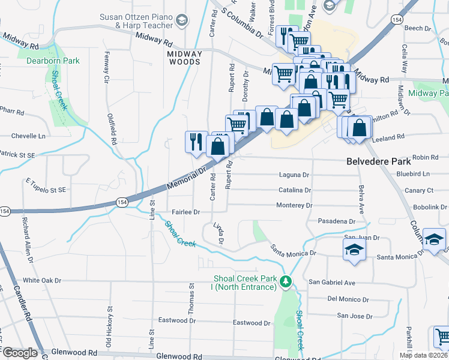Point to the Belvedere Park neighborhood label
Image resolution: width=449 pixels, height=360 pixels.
pos(378,161)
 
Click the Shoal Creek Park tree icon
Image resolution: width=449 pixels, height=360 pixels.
pos(287,281)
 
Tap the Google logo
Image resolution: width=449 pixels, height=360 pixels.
pos(20,353)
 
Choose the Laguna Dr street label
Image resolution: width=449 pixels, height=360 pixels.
pos(294,175)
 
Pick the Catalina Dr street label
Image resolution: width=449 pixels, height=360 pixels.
pos(295,190)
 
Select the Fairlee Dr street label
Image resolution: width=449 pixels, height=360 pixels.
pos(185,212)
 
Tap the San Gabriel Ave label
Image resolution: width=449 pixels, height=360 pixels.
pos(332,282)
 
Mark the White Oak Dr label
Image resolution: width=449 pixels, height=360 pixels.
pos(42,280)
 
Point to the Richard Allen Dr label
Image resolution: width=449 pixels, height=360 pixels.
pos(26,243)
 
